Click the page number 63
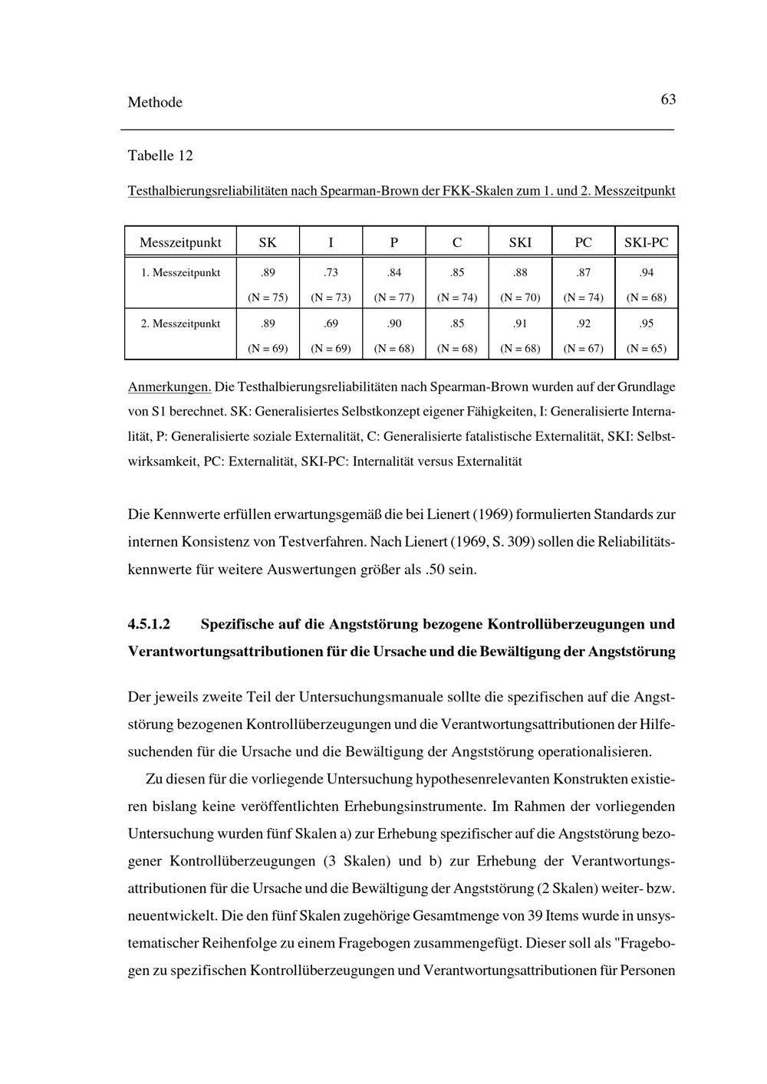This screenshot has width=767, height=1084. (x=667, y=100)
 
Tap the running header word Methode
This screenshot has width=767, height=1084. (x=155, y=103)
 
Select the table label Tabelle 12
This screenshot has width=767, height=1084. (x=160, y=156)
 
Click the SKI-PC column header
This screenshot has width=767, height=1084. (x=646, y=243)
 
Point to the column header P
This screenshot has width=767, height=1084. (x=393, y=243)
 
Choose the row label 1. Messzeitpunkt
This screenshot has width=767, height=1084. (x=180, y=272)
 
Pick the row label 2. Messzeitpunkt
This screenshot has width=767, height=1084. (x=180, y=324)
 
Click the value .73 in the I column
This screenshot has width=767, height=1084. (x=331, y=272)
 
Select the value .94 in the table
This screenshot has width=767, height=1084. (x=647, y=272)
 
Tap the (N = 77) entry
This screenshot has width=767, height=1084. (x=393, y=297)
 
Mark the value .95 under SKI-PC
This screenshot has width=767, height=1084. (x=647, y=324)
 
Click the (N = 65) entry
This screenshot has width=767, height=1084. (x=647, y=349)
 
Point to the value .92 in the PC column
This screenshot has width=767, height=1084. (x=583, y=324)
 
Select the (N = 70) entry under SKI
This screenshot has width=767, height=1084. (x=520, y=297)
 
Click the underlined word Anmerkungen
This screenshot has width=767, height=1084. (x=170, y=387)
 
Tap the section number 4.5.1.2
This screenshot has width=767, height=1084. (x=149, y=624)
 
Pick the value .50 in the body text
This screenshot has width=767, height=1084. (x=435, y=570)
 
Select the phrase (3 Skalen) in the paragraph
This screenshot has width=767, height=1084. (x=356, y=861)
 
